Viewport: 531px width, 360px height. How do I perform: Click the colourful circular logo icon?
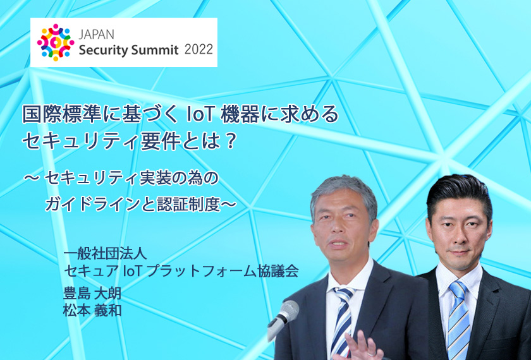[x=56, y=42]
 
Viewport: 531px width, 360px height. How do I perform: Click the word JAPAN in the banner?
[x=97, y=34]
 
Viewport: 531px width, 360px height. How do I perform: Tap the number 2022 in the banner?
[x=198, y=50]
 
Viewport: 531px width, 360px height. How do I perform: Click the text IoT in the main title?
[x=200, y=114]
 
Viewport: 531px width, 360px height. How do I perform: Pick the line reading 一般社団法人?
[x=105, y=254]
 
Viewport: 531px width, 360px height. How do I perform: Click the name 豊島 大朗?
[x=92, y=293]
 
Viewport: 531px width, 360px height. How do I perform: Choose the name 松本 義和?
[x=92, y=311]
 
